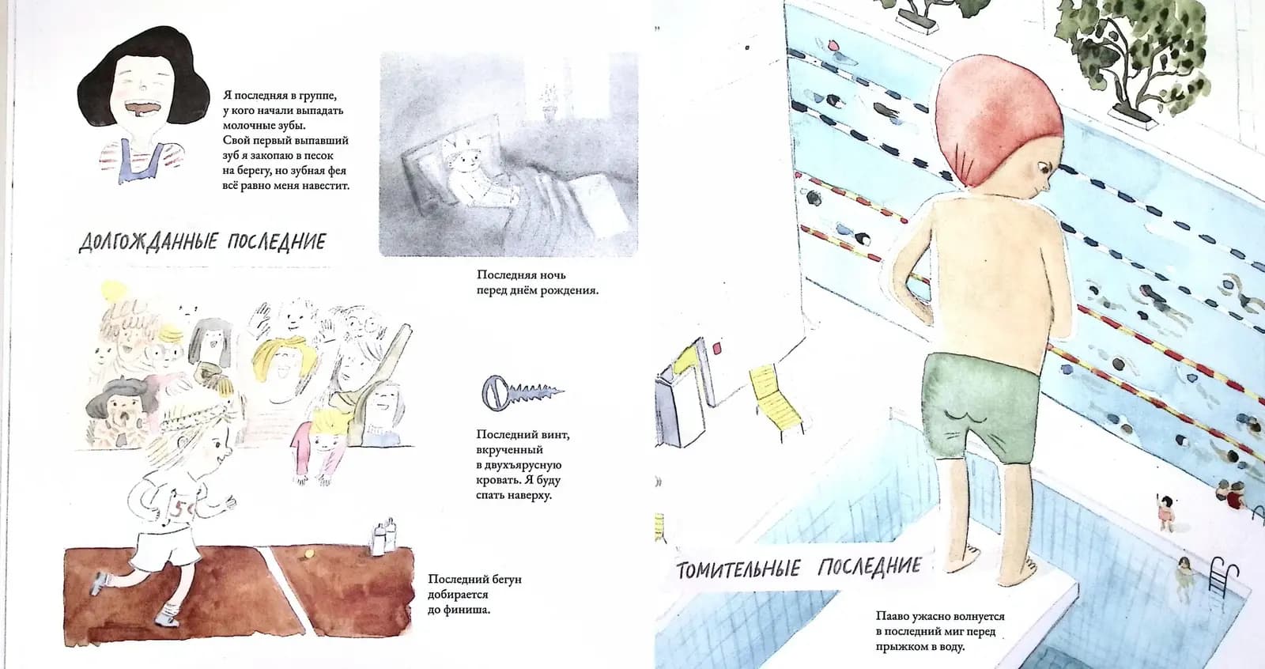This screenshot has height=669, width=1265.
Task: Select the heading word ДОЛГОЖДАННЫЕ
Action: (x=148, y=242)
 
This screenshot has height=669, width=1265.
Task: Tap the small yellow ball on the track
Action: (x=308, y=555)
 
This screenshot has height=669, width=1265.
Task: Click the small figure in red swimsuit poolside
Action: (x=1165, y=512)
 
